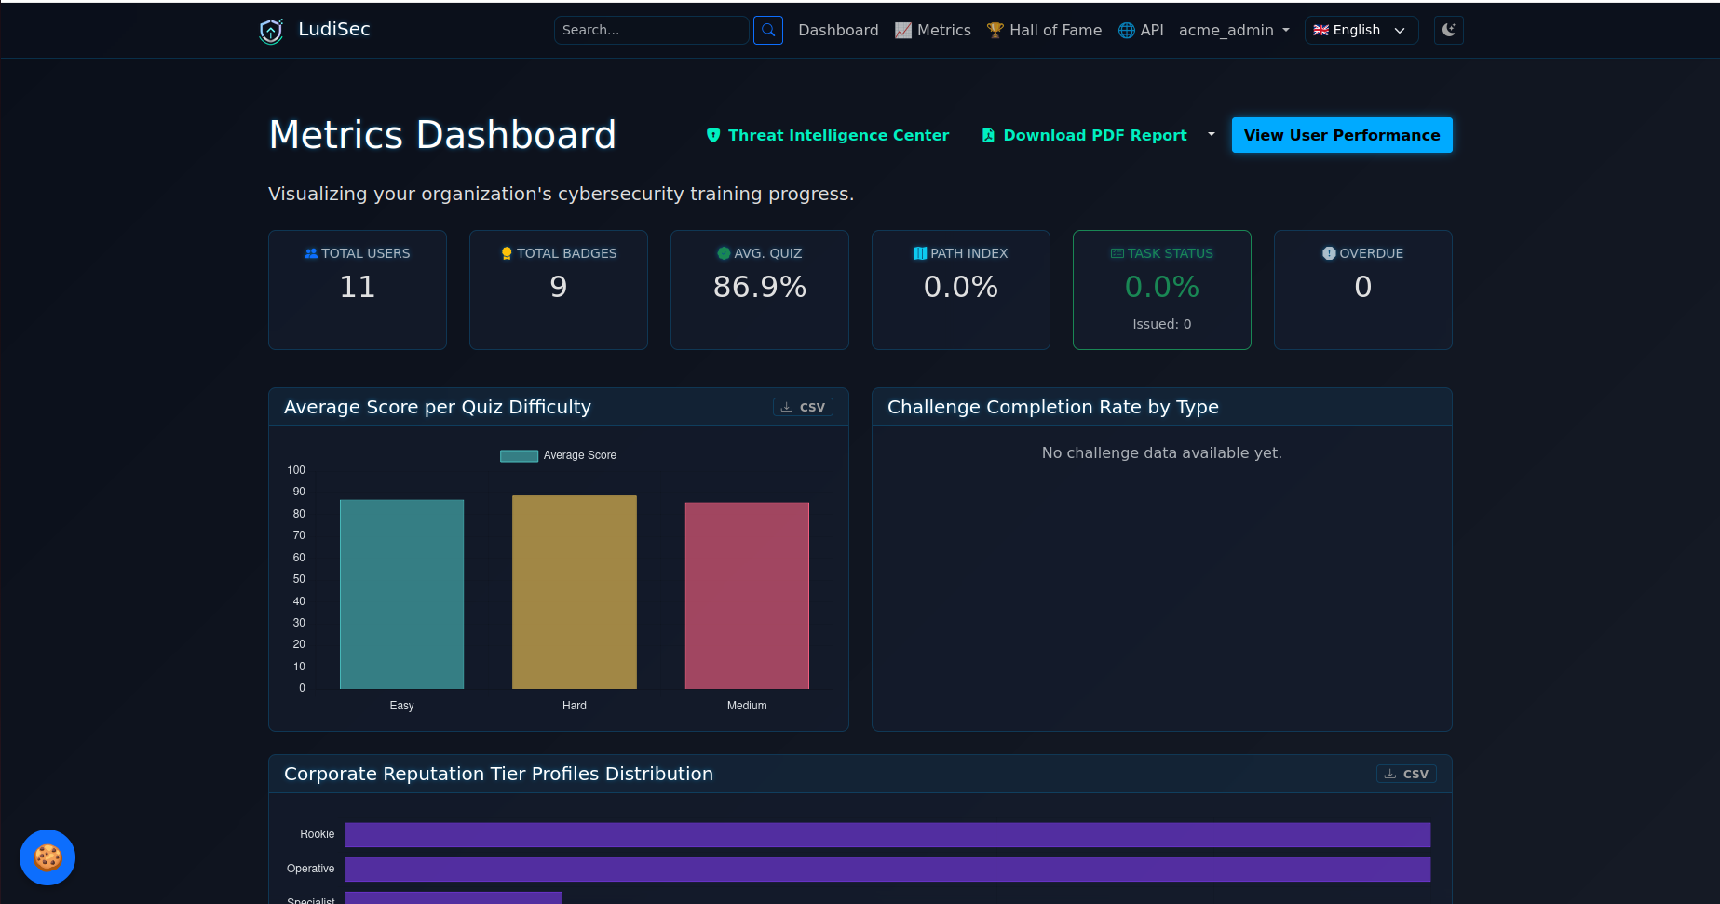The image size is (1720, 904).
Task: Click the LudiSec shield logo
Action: (271, 31)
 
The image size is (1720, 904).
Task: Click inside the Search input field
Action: (651, 30)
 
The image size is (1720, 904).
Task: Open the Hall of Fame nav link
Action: (1044, 30)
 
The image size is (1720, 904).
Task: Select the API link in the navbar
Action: (1141, 30)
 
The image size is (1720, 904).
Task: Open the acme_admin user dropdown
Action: (1234, 30)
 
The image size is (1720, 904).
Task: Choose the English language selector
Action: (1361, 30)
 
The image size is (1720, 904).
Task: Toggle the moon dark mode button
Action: (1449, 30)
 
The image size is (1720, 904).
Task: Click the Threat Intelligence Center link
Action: (828, 135)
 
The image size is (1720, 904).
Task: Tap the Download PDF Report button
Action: (1085, 135)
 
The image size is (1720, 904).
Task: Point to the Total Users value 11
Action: (358, 287)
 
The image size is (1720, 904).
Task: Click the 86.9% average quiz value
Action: (760, 287)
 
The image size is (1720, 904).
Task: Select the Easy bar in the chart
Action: (401, 594)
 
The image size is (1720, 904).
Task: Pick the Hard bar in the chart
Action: (575, 592)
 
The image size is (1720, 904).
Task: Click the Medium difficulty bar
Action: (747, 596)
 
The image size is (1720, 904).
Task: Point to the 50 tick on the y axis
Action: (299, 579)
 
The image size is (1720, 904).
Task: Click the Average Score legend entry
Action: (558, 455)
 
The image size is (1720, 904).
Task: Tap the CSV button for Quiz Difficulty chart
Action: (803, 407)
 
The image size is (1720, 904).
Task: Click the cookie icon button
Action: (47, 857)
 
